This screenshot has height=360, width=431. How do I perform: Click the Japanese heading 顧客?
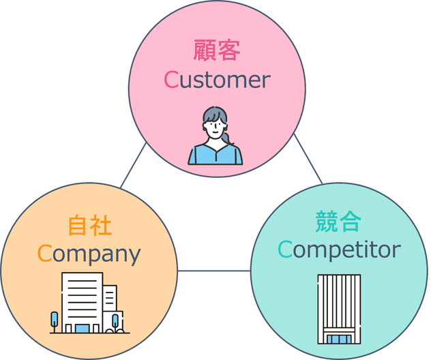tap(217, 50)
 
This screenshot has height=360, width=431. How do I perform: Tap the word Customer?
tap(217, 80)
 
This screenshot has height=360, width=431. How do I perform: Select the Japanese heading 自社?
tap(89, 226)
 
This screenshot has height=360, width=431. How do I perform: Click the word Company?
tap(89, 254)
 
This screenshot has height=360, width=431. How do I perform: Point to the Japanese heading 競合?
tap(338, 221)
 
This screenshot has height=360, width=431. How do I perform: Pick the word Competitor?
tap(339, 250)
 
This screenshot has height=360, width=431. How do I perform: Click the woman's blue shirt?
tap(215, 155)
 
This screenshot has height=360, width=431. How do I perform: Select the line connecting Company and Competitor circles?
tap(214, 271)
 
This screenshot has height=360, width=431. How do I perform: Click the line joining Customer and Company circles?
tap(133, 165)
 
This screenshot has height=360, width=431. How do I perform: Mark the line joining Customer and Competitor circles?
tap(308, 159)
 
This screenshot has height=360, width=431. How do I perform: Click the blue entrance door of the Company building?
tap(83, 329)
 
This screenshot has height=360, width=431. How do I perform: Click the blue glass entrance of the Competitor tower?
tap(339, 339)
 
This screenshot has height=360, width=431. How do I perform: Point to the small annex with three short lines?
tap(110, 298)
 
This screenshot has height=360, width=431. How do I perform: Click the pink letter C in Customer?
tap(172, 80)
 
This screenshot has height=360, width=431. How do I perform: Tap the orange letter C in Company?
tap(44, 253)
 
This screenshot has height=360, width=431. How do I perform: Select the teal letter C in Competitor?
tap(285, 249)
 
